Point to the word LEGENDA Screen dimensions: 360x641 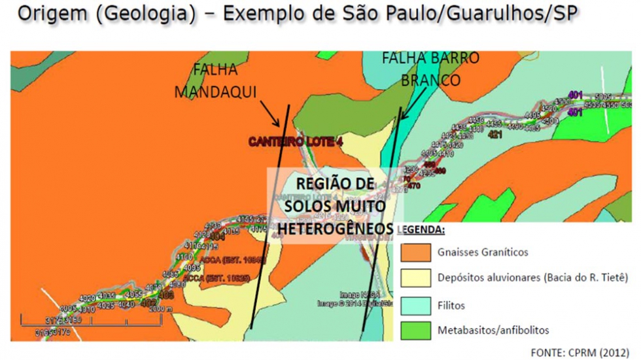tap(421, 230)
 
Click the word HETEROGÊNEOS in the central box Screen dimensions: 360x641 tap(336, 228)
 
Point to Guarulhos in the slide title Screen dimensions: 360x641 tap(490, 14)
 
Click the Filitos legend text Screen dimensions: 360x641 tap(452, 304)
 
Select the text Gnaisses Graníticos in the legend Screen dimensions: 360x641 tap(483, 252)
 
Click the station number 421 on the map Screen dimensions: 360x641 tap(494, 135)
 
